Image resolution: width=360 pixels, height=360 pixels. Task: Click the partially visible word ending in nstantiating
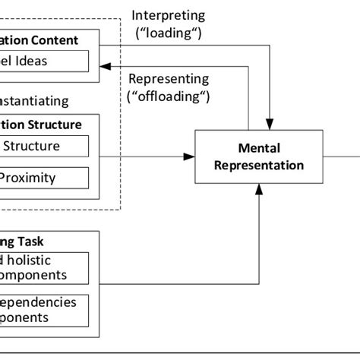pyautogui.click(x=34, y=100)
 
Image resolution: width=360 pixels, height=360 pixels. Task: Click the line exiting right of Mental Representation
pyautogui.click(x=342, y=156)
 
